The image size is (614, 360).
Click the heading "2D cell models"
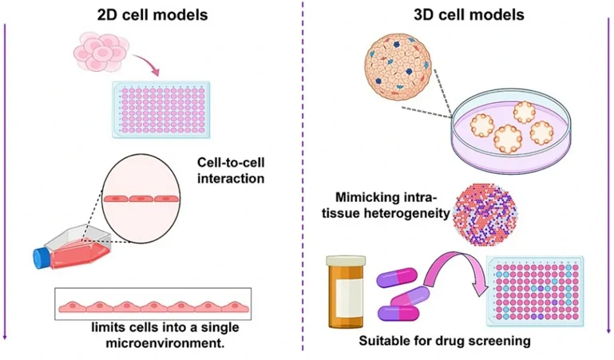[x=152, y=14]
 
